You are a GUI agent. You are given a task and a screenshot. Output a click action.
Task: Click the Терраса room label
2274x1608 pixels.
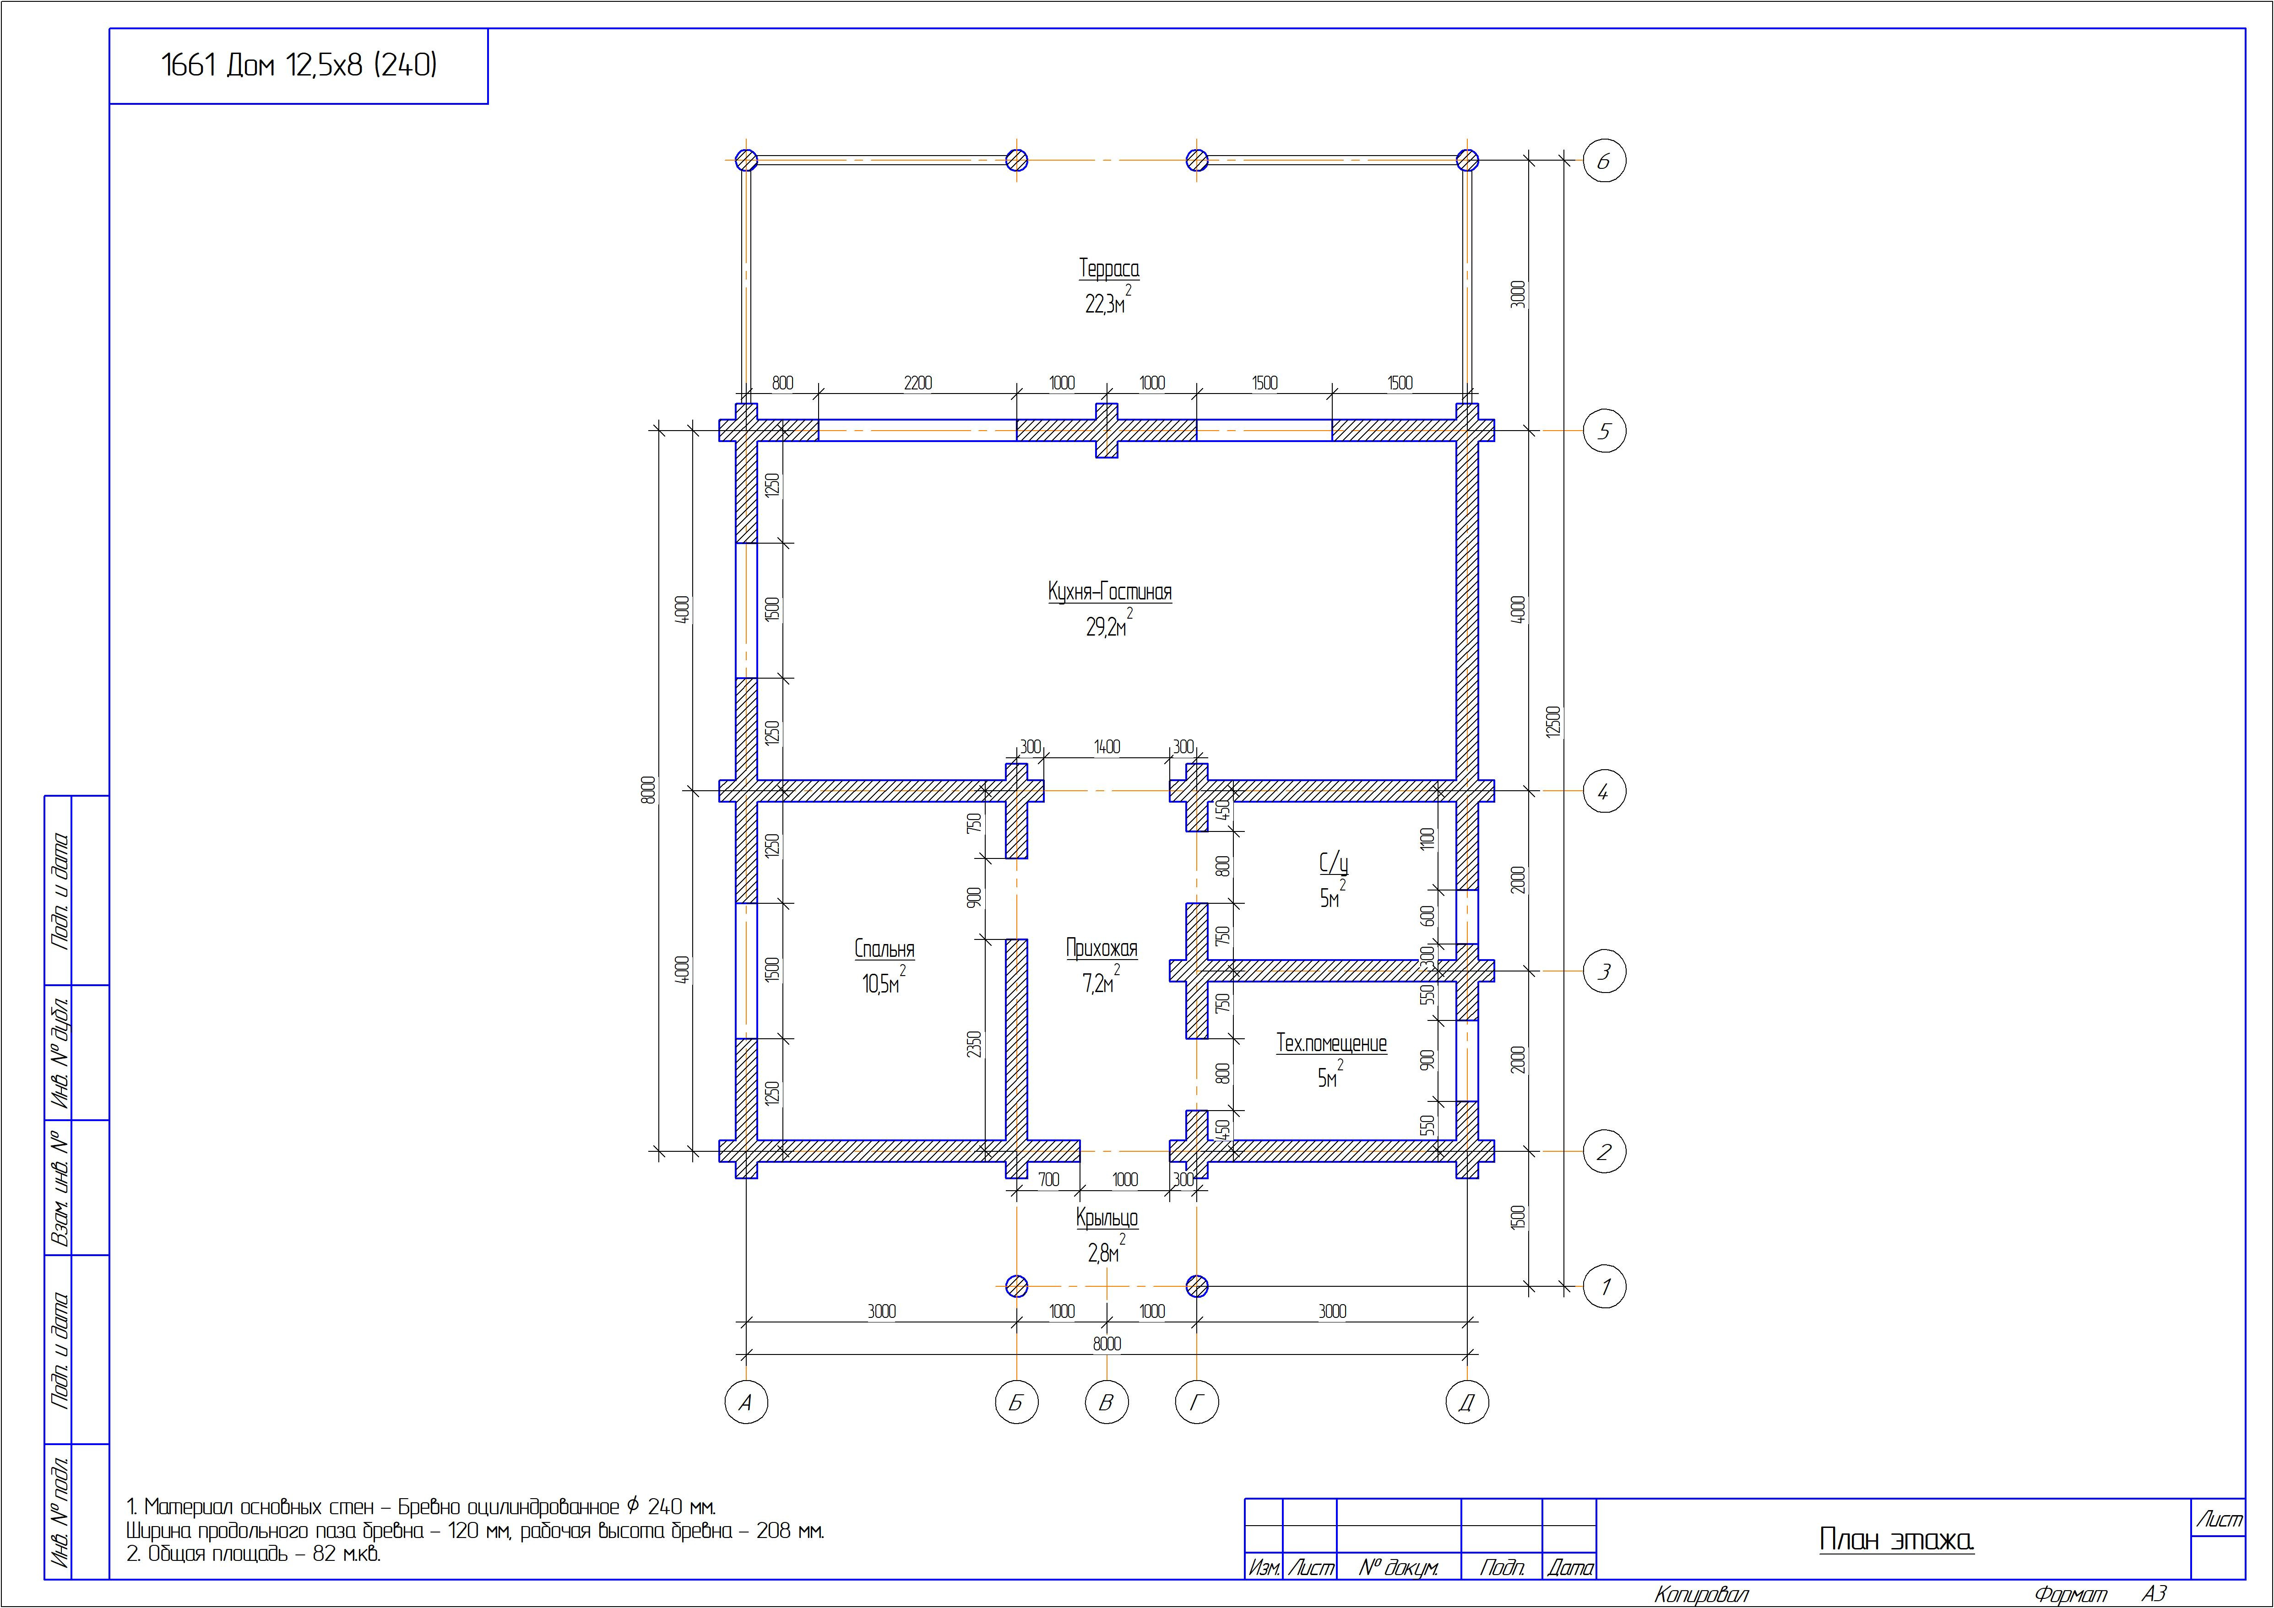1108,268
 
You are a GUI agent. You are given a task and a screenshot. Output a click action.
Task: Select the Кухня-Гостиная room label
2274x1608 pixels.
1109,592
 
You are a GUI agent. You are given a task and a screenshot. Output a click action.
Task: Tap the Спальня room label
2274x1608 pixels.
885,949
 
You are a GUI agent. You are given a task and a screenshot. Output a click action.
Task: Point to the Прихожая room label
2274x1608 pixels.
1102,949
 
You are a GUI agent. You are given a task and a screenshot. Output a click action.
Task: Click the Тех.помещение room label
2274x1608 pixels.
1331,1042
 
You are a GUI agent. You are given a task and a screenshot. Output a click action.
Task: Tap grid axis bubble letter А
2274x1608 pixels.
746,1402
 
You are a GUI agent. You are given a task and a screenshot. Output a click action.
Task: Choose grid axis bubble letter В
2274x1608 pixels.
1106,1402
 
